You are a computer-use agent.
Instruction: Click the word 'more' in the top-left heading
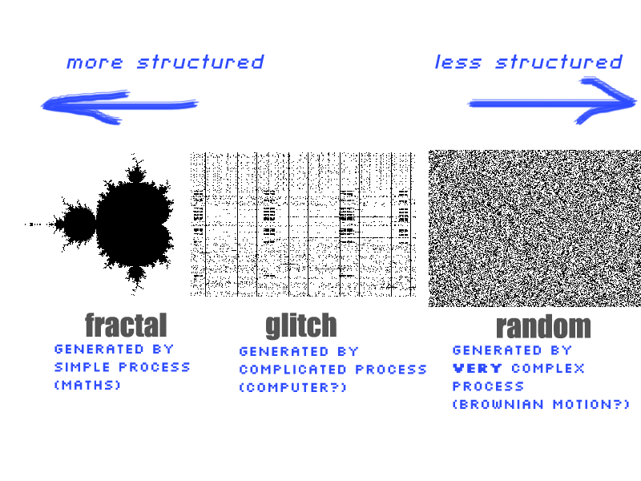click(95, 63)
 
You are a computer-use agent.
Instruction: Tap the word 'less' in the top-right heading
click(458, 63)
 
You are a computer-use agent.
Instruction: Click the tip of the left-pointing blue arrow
click(42, 106)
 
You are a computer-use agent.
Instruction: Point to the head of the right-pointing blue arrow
click(635, 102)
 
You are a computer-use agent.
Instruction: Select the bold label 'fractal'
click(126, 325)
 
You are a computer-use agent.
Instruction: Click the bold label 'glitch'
click(301, 326)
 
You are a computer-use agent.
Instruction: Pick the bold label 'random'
click(543, 326)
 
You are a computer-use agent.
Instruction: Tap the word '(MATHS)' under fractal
click(88, 385)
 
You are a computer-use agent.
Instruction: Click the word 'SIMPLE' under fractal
click(83, 367)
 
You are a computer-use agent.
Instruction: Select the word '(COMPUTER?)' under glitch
click(292, 387)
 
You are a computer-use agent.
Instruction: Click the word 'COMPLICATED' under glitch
click(292, 370)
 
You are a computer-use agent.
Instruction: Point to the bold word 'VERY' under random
click(478, 369)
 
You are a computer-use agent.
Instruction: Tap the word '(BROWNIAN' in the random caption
click(498, 405)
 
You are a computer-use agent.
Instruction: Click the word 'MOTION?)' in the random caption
click(591, 405)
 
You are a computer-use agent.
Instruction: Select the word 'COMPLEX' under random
click(548, 369)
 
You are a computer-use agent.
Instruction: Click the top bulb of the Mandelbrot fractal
click(135, 173)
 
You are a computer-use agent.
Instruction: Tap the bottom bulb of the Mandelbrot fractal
click(135, 275)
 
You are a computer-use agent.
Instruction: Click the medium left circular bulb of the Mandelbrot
click(79, 224)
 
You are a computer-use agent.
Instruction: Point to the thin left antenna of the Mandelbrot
click(39, 224)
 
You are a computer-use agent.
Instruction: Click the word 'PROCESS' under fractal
click(155, 367)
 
